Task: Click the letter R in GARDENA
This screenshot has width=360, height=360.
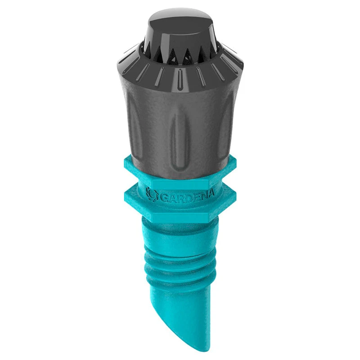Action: point(176,197)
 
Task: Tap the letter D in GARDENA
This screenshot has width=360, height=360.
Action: point(185,197)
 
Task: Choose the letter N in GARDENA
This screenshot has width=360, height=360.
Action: point(202,196)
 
